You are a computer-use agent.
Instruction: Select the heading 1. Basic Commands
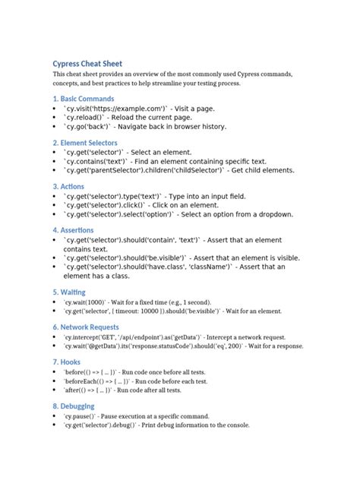[84, 99]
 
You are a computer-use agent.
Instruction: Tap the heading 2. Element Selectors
[85, 142]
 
